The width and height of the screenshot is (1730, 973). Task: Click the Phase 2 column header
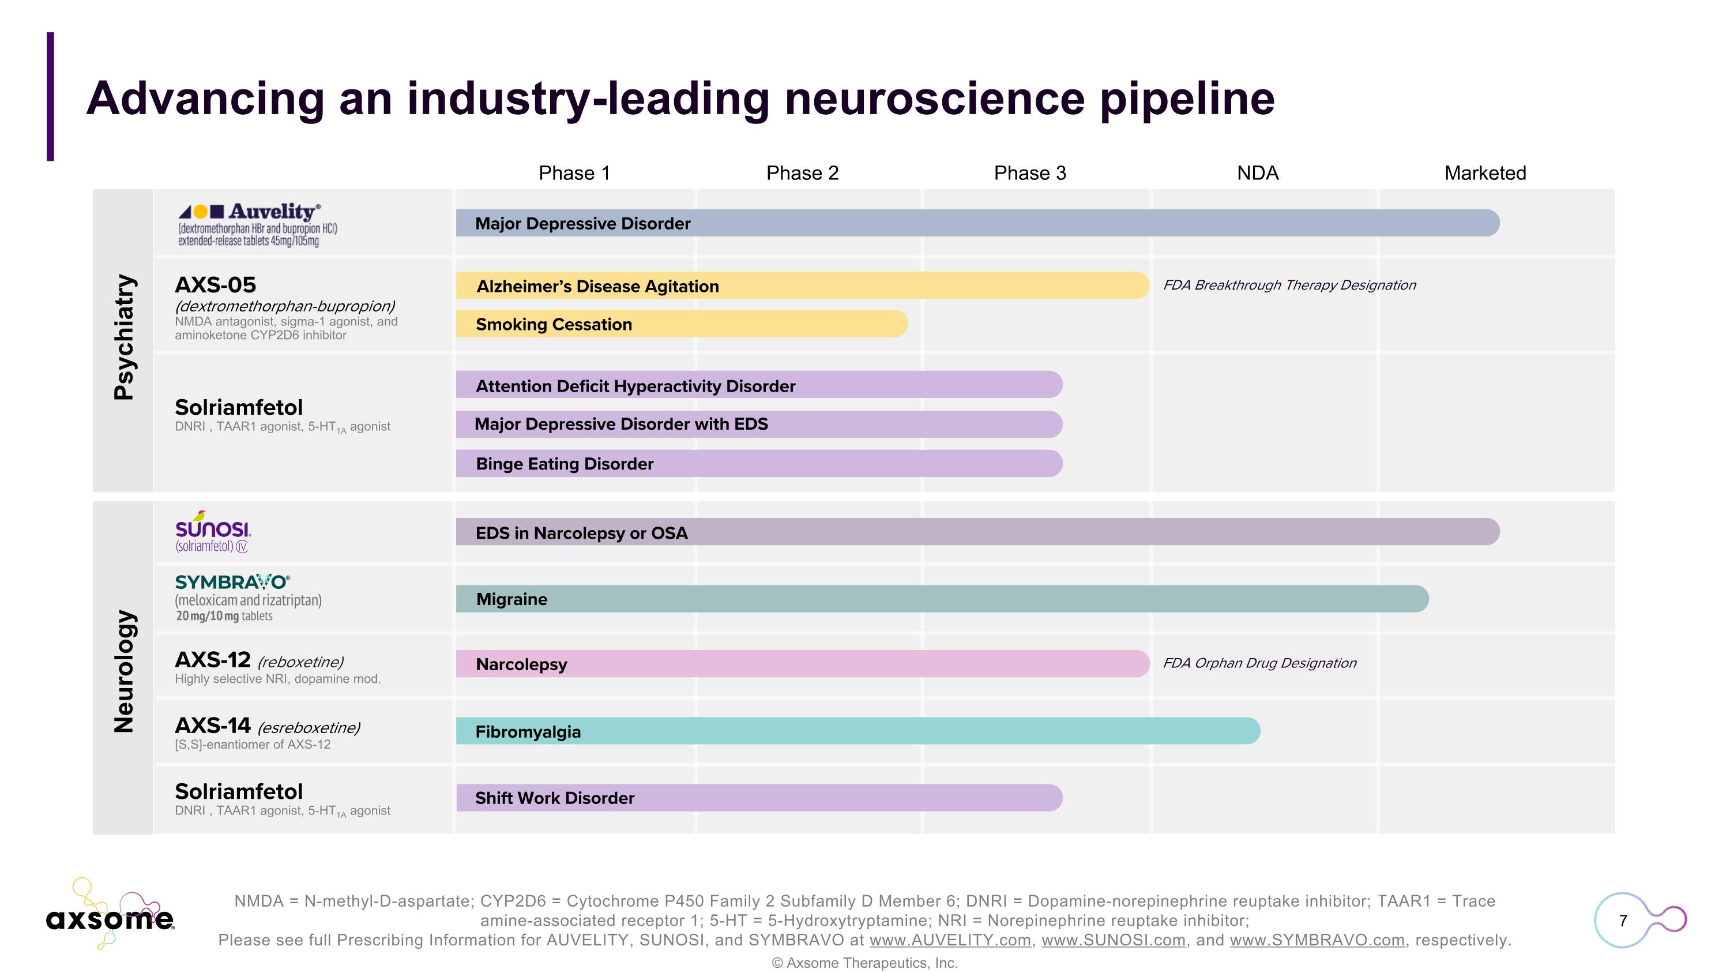coord(802,173)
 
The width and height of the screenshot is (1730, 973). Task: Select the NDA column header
coord(1257,173)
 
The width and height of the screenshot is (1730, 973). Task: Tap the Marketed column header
coord(1485,173)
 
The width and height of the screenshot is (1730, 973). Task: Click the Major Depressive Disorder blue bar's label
coord(582,224)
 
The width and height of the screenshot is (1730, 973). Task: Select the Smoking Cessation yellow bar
coord(681,324)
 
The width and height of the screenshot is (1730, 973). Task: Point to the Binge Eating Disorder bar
coord(759,464)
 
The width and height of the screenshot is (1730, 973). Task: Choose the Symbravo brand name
coord(232,582)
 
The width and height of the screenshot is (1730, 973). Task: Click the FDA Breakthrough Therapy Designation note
coord(1289,285)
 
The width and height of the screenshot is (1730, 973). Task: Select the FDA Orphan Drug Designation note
coord(1259,663)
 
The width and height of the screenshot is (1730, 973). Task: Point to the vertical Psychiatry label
coord(124,337)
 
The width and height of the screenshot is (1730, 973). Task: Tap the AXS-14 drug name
coord(212,726)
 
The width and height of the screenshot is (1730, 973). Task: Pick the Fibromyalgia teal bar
coord(858,731)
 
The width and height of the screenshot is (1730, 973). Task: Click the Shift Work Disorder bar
coord(759,798)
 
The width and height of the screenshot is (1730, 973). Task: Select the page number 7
coord(1623,921)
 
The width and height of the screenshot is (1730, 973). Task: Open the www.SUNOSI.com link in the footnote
coord(1113,940)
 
